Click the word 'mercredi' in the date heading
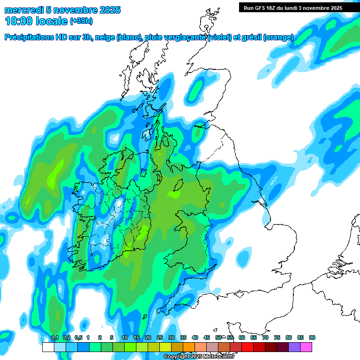(22, 10)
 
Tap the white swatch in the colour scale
(48, 347)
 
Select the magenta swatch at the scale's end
(306, 347)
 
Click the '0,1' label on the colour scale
(54, 338)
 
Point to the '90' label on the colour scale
(312, 338)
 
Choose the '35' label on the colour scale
(183, 338)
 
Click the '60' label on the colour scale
(242, 338)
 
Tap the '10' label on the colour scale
(125, 338)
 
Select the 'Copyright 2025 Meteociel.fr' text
(199, 356)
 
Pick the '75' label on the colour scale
(277, 338)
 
